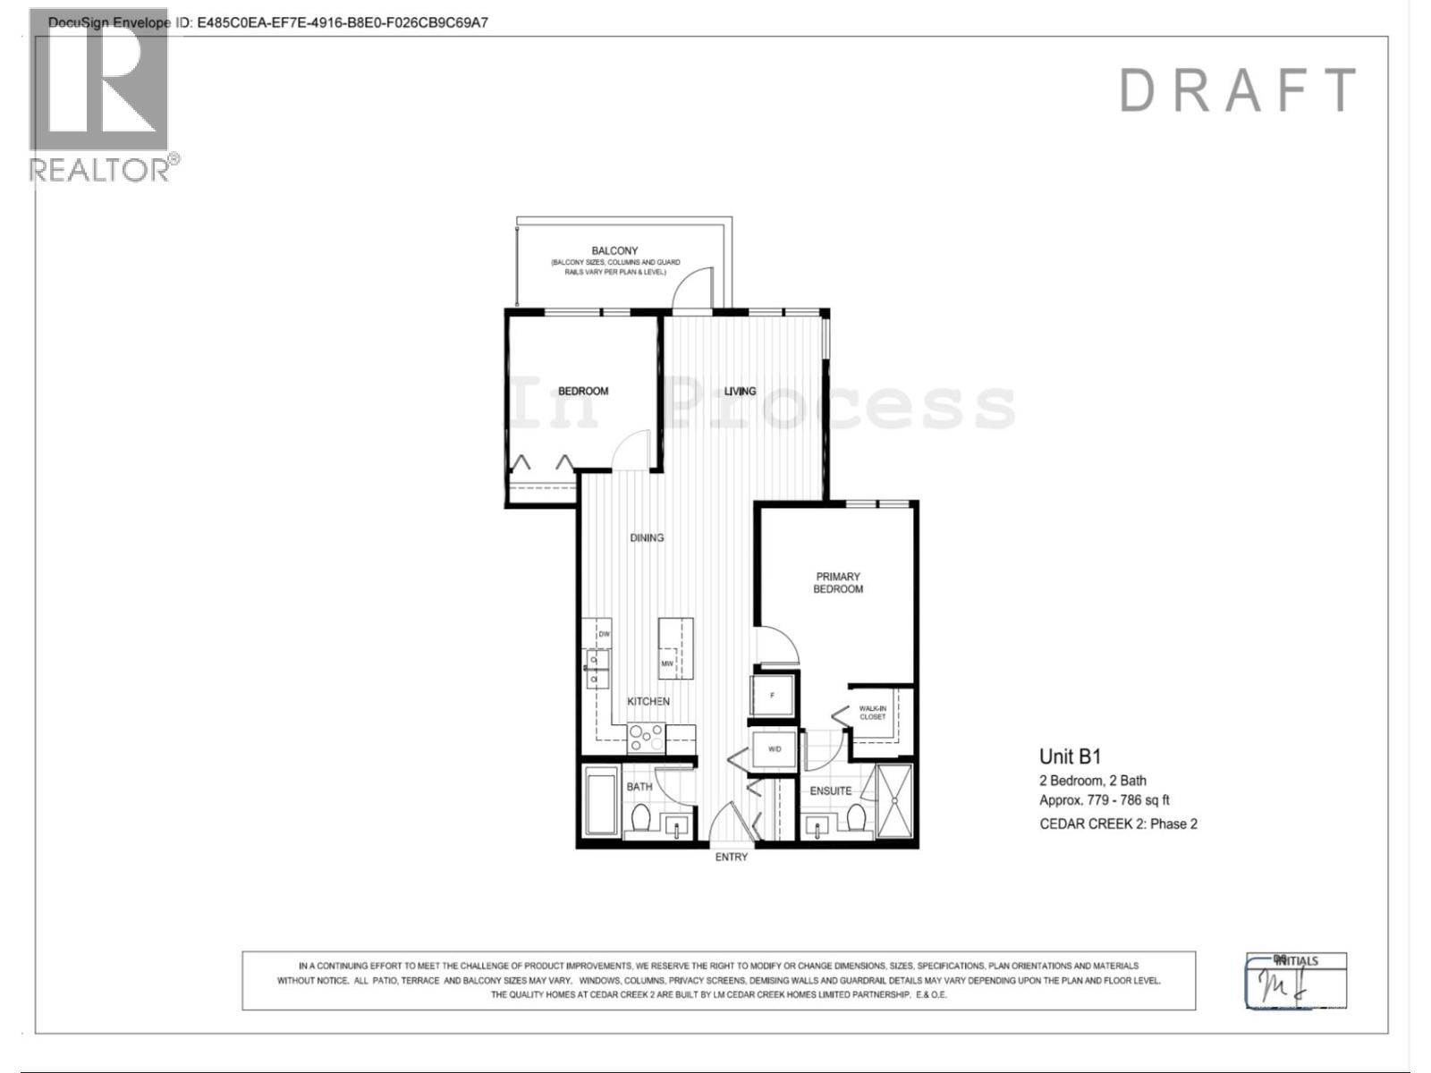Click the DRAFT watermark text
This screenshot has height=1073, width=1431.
[1237, 90]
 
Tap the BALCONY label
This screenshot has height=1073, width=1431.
[614, 251]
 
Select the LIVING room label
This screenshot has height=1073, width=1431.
[740, 391]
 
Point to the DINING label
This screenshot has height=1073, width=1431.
[647, 537]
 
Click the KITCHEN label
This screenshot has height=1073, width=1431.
[648, 701]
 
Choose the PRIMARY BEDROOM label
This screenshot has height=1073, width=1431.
[838, 583]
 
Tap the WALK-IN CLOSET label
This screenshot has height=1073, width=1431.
[872, 713]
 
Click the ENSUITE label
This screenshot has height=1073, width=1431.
[831, 790]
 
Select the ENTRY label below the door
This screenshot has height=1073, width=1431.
[731, 857]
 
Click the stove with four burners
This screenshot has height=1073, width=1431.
[646, 738]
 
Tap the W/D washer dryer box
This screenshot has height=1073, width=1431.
[775, 748]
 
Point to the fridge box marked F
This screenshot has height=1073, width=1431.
[773, 695]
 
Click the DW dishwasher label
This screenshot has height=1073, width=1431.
[604, 634]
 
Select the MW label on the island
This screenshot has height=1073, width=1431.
[667, 663]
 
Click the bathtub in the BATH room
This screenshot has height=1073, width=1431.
[600, 801]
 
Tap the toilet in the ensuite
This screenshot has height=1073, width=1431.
[856, 817]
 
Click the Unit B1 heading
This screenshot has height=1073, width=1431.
[1070, 756]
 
